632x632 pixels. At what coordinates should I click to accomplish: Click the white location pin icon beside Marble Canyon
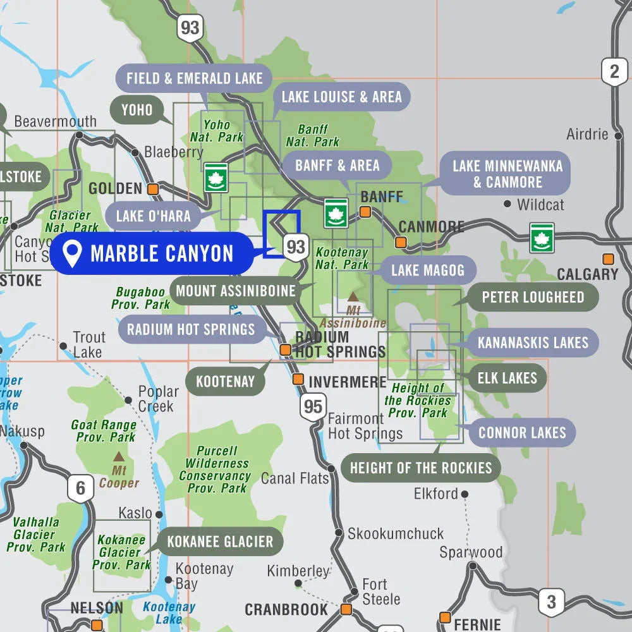tap(73, 253)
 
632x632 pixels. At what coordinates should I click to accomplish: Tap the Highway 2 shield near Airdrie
tap(614, 71)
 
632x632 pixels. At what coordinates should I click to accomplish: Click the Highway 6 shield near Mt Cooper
tap(80, 489)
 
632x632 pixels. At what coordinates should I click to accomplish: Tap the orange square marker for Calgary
tap(608, 259)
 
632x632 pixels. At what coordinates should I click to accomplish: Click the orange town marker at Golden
tap(153, 188)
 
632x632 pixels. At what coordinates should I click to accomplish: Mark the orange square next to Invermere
tap(298, 379)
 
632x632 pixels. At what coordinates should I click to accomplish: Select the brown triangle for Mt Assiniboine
tap(353, 296)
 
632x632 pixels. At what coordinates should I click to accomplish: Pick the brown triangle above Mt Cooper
tap(118, 456)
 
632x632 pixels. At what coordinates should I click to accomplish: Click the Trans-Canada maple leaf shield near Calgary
tap(542, 238)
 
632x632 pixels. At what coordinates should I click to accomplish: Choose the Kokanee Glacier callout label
tap(220, 542)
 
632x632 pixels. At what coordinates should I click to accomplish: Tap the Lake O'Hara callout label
tap(153, 216)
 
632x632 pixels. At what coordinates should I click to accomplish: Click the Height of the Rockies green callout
tap(421, 468)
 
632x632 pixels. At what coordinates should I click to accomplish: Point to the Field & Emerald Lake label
tap(194, 78)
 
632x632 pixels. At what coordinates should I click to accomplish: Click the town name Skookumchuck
tap(396, 534)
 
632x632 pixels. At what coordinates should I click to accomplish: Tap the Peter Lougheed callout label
tap(533, 297)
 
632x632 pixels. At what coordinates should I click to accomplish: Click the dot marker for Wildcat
tap(507, 204)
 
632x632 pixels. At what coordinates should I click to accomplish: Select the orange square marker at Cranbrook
tap(346, 609)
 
